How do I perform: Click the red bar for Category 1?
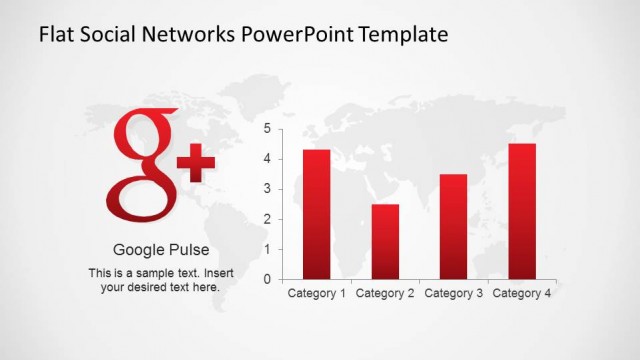click(x=317, y=214)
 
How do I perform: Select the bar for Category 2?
click(x=385, y=241)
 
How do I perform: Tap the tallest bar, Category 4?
click(x=522, y=211)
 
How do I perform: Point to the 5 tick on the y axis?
click(x=267, y=128)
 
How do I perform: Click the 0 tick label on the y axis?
click(x=267, y=279)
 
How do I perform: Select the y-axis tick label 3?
click(x=267, y=189)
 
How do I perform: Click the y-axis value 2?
click(x=267, y=219)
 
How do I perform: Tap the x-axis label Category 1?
click(x=317, y=294)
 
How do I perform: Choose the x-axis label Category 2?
click(x=385, y=294)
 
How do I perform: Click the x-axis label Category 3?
click(x=453, y=294)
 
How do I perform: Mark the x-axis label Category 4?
click(x=522, y=294)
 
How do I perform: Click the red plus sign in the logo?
click(x=196, y=162)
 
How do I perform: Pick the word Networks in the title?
click(x=194, y=35)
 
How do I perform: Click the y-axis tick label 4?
click(x=267, y=158)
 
